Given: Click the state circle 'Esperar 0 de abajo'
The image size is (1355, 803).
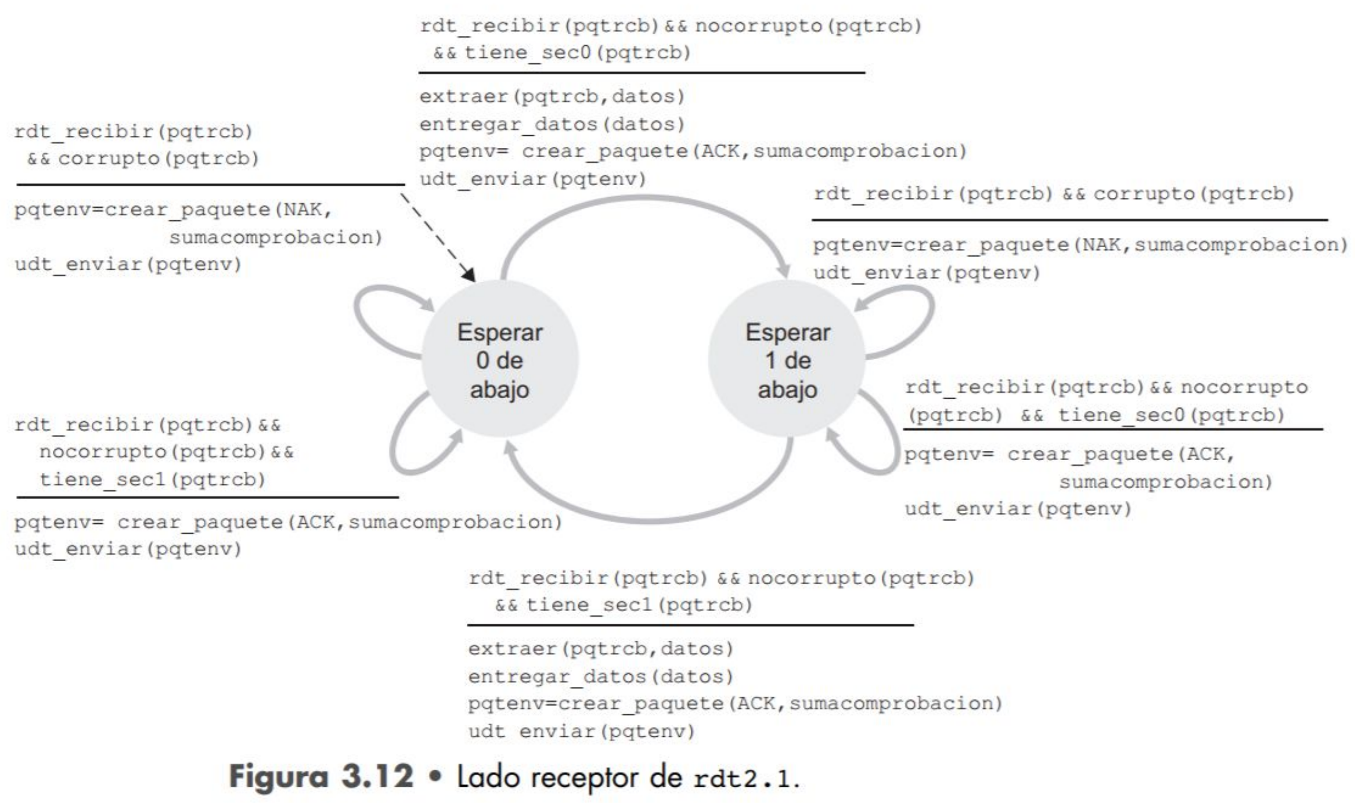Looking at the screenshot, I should click(499, 359).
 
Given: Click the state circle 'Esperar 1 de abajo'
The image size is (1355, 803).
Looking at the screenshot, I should click(787, 359).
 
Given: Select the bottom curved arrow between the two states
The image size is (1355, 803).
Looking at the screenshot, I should click(650, 518).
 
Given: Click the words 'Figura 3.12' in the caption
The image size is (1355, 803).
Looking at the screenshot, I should click(321, 776).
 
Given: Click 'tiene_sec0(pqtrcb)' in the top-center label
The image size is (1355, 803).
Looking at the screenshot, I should click(578, 53).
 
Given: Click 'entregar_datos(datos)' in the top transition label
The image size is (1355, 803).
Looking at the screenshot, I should click(552, 124).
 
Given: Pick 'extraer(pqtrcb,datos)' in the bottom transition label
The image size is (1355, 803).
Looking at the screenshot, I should click(601, 648).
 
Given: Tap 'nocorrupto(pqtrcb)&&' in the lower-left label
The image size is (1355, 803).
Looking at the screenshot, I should click(167, 452).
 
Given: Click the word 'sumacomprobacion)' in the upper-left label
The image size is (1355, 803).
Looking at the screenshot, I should click(276, 237).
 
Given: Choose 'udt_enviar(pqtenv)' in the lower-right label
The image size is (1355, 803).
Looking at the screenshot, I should click(1018, 509).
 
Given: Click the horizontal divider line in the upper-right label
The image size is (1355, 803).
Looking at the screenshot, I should click(1069, 220).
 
